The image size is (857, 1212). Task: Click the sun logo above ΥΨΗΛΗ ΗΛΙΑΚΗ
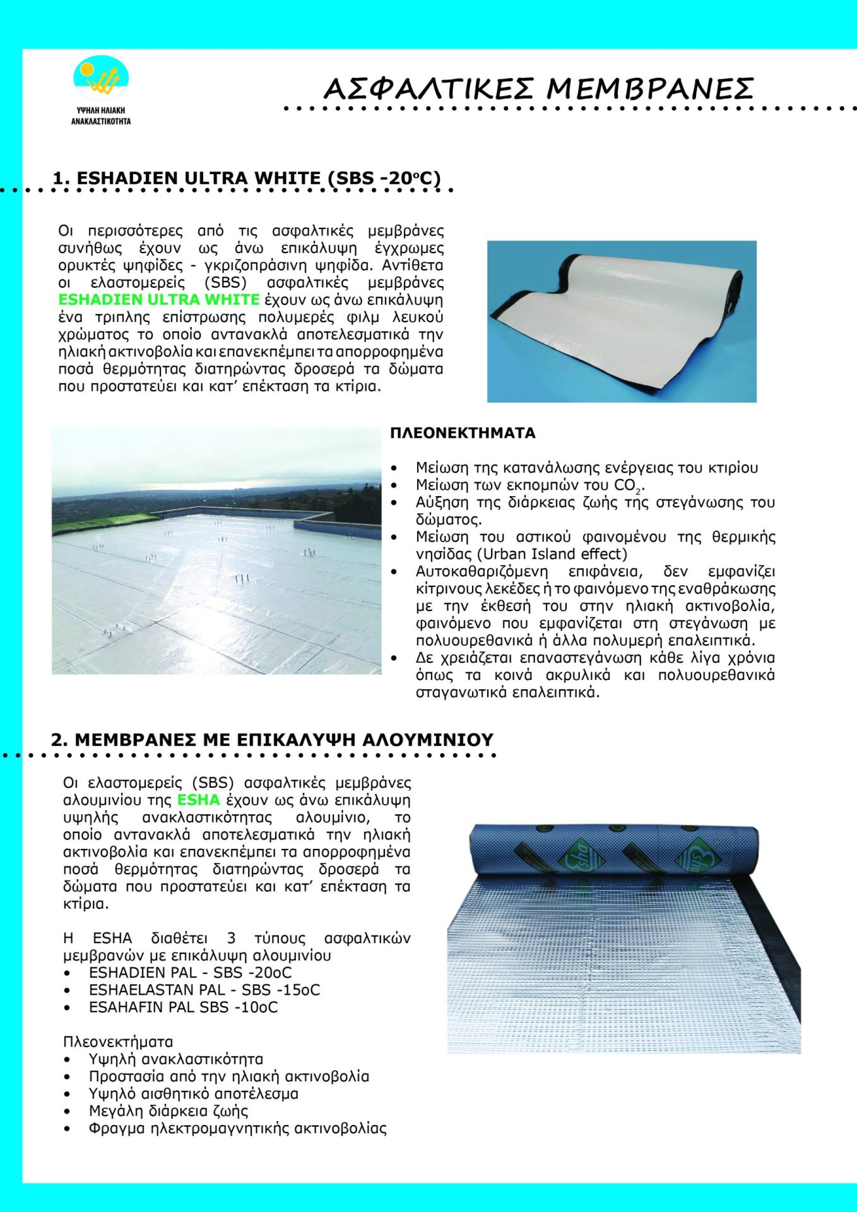pos(101,79)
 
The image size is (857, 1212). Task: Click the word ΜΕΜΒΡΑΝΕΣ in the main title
pos(650,89)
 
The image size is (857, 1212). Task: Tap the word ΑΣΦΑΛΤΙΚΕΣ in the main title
pos(429,89)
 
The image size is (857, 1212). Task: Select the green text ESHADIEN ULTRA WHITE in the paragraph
pos(159,299)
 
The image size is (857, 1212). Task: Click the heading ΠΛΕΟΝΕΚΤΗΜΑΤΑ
pos(463,433)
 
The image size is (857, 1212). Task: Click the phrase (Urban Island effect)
pos(552,554)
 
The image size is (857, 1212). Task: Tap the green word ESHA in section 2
pos(199,800)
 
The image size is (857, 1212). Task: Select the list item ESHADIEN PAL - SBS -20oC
pos(190,973)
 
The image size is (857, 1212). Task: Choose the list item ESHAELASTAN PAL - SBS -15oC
pos(204,990)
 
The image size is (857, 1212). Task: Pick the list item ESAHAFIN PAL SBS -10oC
pos(183,1007)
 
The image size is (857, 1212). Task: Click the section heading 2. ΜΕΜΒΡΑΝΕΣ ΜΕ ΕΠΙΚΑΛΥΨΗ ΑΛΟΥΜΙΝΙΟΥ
pos(272,740)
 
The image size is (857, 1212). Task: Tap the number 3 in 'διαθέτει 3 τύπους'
pos(232,939)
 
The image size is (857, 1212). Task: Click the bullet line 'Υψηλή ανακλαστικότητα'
pos(176,1059)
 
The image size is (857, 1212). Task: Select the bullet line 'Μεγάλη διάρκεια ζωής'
pos(168,1111)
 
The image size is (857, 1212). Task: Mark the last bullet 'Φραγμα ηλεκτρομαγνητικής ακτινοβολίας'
pos(237,1129)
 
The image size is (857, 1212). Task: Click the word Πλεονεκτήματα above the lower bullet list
pos(118,1042)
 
